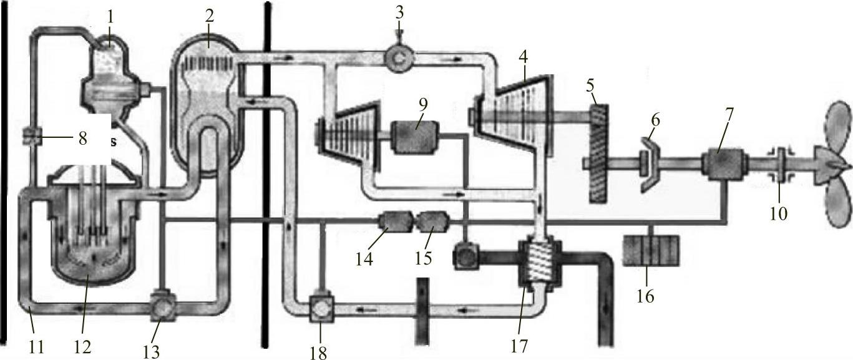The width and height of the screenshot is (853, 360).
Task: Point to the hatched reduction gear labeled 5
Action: point(597,153)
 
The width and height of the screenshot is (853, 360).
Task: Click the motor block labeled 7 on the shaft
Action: point(724,163)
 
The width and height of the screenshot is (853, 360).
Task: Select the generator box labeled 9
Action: point(415,135)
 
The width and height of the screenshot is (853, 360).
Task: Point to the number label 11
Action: point(37,345)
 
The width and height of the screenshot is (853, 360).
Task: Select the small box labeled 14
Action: point(394,222)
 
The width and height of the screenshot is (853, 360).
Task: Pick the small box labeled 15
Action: point(431,222)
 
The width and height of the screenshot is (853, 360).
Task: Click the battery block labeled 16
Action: point(651,250)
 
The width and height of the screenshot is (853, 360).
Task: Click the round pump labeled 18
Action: point(319,309)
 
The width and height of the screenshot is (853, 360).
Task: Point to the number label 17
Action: point(519,345)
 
